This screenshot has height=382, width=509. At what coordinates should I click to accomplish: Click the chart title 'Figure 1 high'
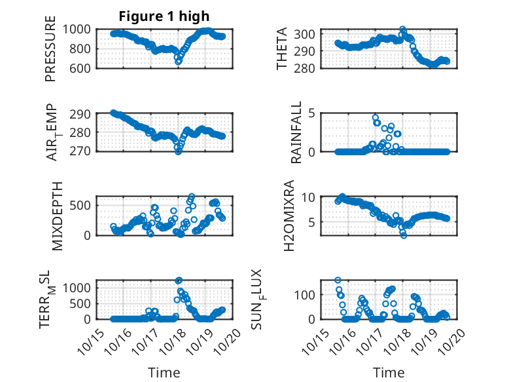tap(164, 16)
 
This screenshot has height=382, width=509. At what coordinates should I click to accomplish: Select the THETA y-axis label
tap(282, 49)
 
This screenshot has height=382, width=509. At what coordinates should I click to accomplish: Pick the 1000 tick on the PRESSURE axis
tap(81, 29)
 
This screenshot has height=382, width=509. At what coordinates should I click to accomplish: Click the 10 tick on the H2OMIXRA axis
tap(313, 198)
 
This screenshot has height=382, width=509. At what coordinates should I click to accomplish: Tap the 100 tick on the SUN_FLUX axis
tap(309, 294)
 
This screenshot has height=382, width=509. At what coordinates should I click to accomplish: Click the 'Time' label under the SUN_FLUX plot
tap(389, 372)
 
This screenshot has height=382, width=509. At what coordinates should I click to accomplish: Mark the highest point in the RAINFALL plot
tap(376, 118)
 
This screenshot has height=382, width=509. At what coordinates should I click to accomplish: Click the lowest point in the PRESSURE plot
tap(178, 62)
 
